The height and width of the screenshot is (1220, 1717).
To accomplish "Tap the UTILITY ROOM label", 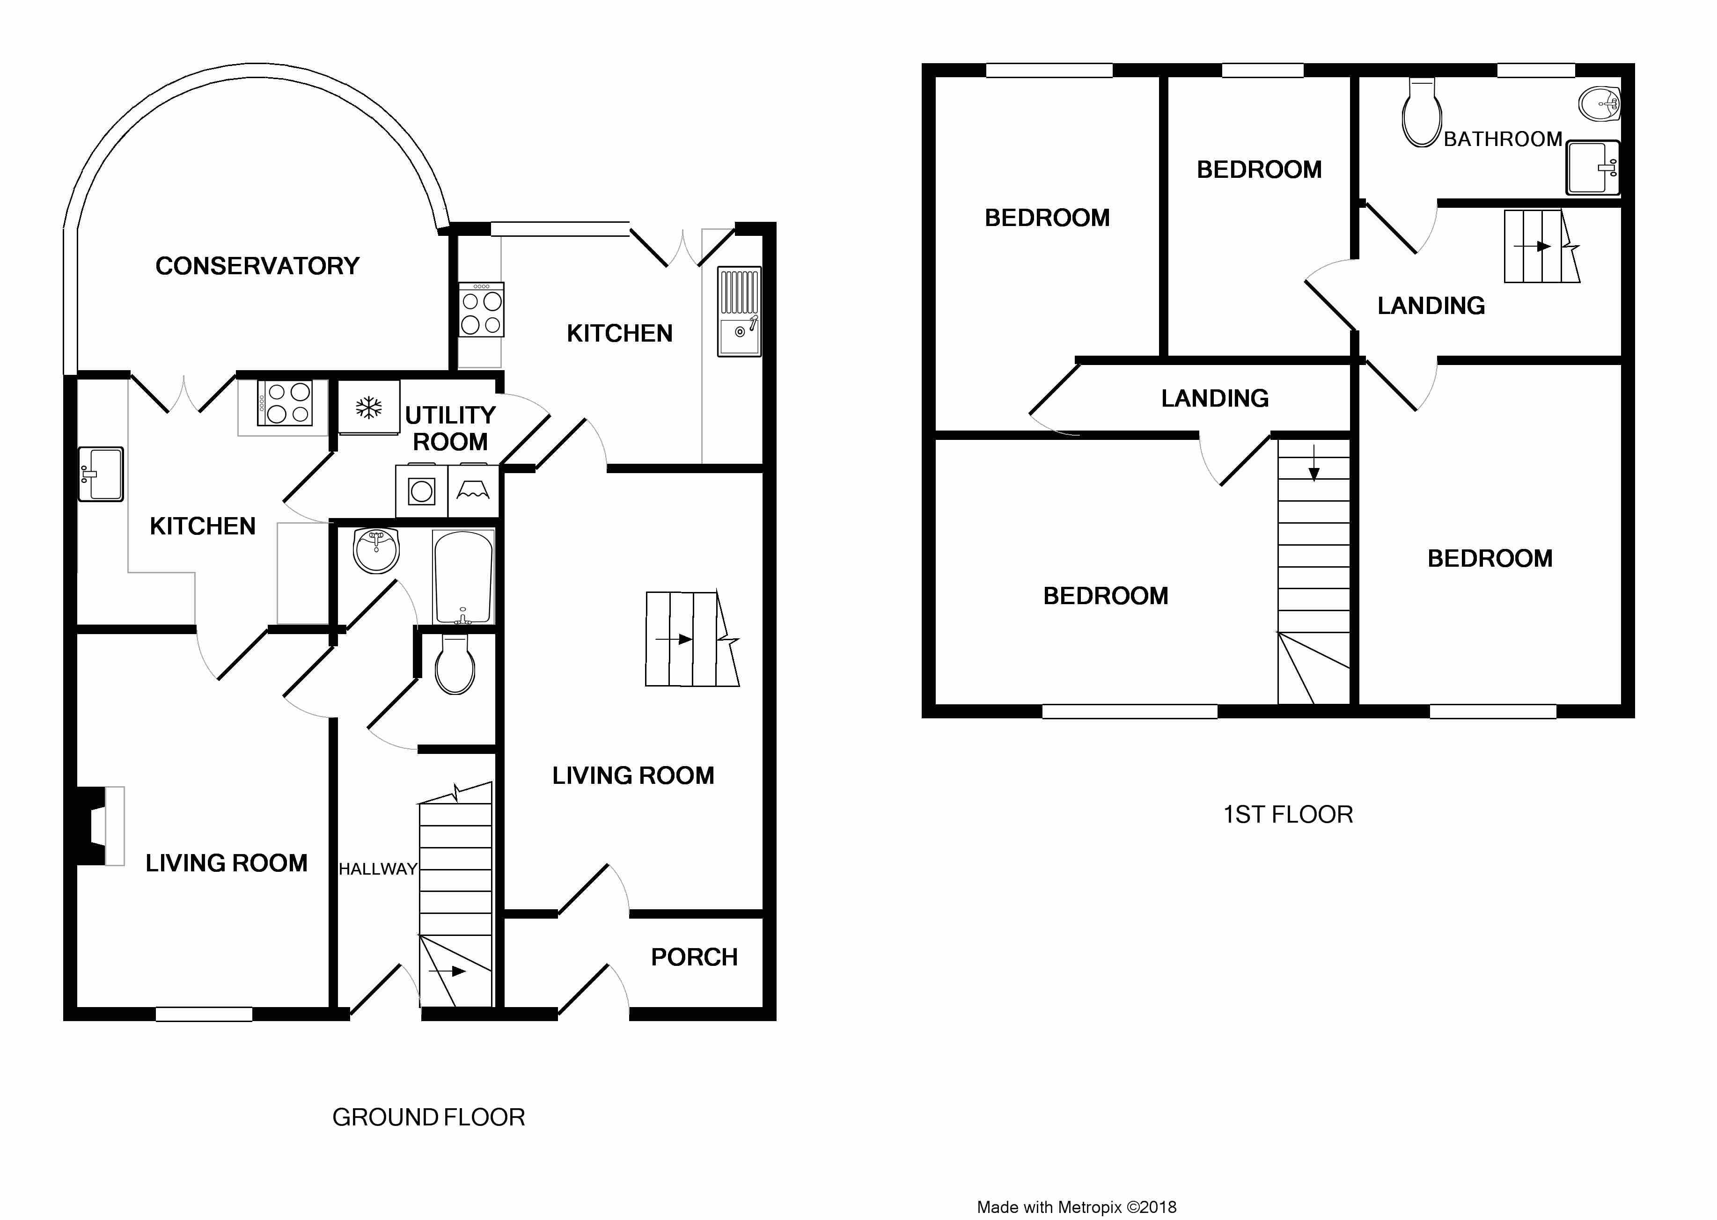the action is point(450,428).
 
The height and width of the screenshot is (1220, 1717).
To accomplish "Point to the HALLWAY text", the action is point(378,869).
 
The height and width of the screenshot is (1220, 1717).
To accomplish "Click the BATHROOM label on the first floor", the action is point(1503,139).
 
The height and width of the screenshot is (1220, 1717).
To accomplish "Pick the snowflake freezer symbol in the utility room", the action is point(368,408).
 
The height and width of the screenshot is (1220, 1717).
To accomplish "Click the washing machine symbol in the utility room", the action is point(422,492).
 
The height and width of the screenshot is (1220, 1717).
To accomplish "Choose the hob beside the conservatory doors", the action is point(284,403).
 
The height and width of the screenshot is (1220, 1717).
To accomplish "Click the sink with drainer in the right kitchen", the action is point(740,312).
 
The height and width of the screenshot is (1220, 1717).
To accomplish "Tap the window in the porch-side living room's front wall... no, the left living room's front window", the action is point(204,1014).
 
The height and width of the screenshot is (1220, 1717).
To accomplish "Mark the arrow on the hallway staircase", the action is point(447,972).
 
